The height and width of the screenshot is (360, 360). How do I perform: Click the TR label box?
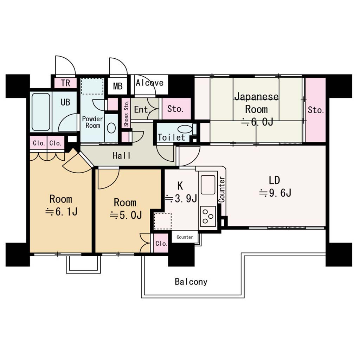click(65, 83)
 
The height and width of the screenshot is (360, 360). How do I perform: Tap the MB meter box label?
click(118, 86)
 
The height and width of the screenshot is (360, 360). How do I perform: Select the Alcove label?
click(149, 83)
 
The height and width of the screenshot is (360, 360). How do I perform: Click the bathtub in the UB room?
click(41, 112)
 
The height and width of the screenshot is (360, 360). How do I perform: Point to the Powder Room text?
click(92, 122)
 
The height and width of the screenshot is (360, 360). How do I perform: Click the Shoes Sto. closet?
click(126, 114)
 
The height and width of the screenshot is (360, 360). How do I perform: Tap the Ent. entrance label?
click(142, 110)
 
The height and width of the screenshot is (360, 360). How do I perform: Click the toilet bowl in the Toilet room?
click(185, 129)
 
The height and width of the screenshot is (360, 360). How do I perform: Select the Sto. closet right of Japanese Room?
click(315, 110)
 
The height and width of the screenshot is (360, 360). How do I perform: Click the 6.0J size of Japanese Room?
click(257, 122)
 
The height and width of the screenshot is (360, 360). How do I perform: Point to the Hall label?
click(121, 156)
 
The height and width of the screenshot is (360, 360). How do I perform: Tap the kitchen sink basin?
click(208, 185)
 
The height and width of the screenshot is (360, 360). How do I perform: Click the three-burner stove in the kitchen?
click(208, 216)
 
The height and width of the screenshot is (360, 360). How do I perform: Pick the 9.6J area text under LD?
click(275, 193)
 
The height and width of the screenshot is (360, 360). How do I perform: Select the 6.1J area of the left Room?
click(62, 211)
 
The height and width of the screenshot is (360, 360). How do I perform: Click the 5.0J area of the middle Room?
click(126, 215)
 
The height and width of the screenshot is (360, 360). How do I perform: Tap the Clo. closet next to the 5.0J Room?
click(161, 243)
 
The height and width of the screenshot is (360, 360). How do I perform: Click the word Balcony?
click(191, 282)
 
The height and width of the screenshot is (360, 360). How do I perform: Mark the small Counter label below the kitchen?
click(185, 237)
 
